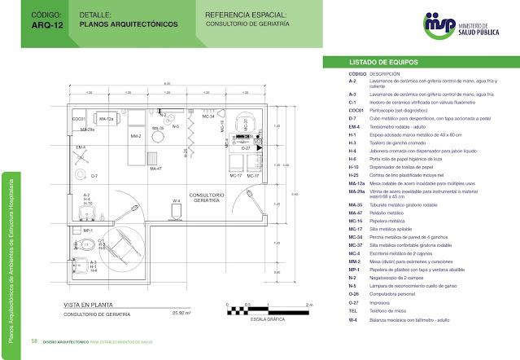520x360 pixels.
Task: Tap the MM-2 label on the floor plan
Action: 136,136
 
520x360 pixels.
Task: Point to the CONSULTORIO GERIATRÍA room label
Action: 207,199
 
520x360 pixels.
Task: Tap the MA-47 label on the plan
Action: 156,168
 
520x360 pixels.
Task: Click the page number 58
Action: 34,340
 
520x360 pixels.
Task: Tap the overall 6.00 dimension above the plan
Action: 166,84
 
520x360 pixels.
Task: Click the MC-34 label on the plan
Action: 208,116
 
